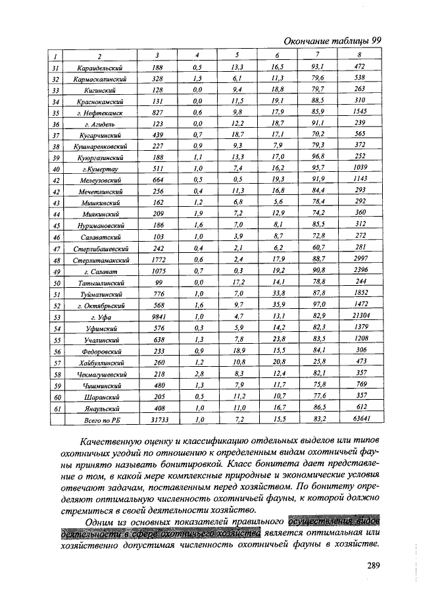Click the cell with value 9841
tap(157, 317)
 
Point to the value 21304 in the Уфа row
tap(359, 316)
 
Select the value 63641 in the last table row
tap(359, 418)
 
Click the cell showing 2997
tap(359, 260)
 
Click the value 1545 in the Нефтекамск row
tap(359, 112)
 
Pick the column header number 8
tap(359, 55)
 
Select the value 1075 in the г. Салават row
tap(157, 271)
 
